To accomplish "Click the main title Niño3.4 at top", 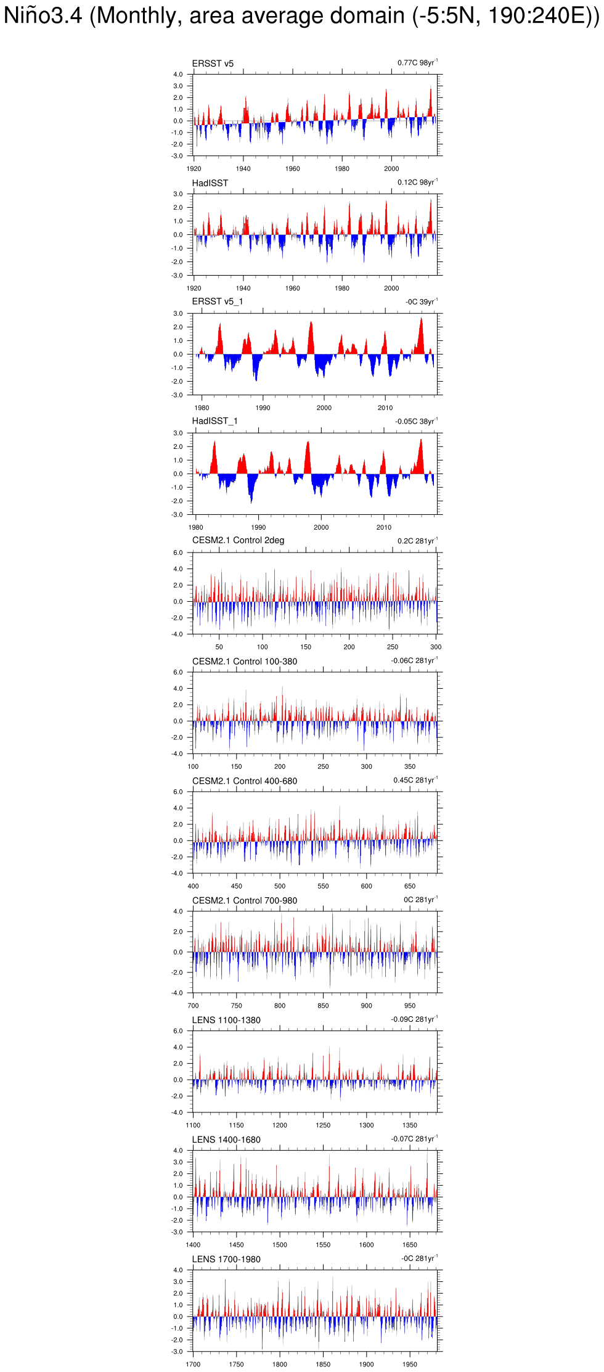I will pos(301,15).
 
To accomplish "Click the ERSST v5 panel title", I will pos(213,64).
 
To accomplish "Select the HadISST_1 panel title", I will pos(214,421).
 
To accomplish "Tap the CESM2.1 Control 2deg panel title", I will pos(238,541).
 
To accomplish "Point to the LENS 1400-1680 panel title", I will pos(226,1140).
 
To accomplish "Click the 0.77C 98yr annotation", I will pos(417,63).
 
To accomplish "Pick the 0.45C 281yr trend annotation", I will pos(415,780).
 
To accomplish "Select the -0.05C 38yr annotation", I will pos(416,422).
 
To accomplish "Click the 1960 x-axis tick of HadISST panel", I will pos(293,288).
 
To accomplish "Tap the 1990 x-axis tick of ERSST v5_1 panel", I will pos(263,408).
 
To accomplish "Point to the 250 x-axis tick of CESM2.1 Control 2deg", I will pos(393,647).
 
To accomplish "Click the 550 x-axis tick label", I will pos(323,886).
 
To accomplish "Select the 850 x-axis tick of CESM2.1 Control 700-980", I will pos(323,1006).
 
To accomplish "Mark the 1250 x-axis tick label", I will pos(323,1125).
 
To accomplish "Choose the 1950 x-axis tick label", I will pos(410,1365).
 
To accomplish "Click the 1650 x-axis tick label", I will pos(410,1245).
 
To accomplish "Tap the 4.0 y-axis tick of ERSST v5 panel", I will pos(178,75).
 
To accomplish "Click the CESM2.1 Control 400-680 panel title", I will pos(245,781).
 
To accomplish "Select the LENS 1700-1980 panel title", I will pos(226,1259).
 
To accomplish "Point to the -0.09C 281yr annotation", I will pos(414,1019).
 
